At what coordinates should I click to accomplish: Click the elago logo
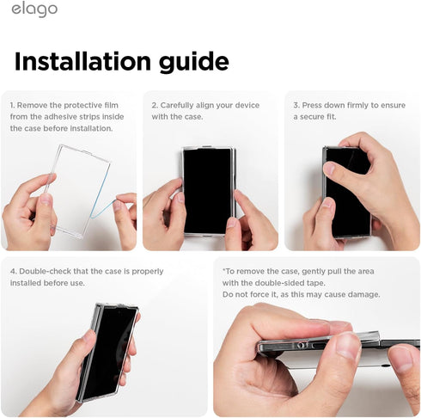34,9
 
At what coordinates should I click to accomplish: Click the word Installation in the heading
82,61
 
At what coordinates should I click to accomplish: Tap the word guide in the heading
194,62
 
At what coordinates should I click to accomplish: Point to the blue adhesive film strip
101,195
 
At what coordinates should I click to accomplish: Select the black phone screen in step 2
207,191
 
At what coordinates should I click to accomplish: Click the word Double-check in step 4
46,271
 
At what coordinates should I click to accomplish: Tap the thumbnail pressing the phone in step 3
330,168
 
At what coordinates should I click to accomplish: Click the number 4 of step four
13,271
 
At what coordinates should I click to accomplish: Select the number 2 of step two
155,105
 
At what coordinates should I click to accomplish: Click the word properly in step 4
148,272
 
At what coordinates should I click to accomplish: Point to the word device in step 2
247,105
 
